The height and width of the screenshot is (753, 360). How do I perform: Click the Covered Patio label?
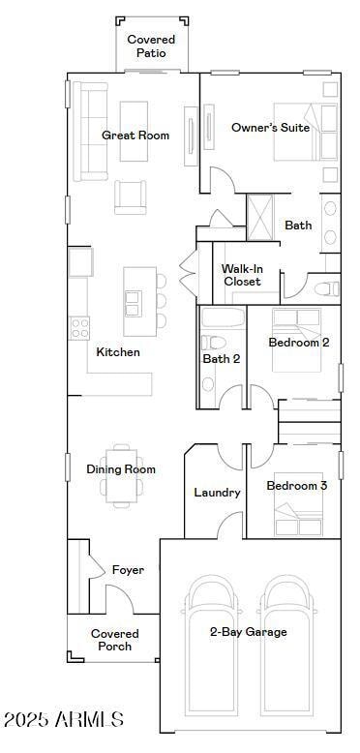point(151,46)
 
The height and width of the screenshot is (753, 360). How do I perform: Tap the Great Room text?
point(135,136)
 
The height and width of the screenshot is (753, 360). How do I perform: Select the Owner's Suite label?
point(271,128)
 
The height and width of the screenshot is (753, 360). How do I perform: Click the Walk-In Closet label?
point(242,275)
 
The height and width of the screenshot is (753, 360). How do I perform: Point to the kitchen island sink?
point(132,304)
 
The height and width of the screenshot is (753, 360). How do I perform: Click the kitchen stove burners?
point(79,328)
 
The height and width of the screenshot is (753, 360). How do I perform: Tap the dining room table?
point(121,475)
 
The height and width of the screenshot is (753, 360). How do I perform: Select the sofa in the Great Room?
point(90,132)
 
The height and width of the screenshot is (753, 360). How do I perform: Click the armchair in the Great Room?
point(130,197)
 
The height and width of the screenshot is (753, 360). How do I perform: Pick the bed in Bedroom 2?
point(296,340)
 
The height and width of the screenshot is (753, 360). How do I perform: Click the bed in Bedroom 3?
point(298,514)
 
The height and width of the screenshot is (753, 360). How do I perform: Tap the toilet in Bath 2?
point(214,343)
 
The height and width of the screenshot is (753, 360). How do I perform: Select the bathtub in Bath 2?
point(222,317)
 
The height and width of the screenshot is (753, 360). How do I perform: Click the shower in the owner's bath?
point(259,217)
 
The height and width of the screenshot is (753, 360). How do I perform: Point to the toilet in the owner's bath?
point(327,289)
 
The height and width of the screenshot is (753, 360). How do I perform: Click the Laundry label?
point(217,493)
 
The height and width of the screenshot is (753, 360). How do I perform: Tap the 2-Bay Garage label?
point(249,632)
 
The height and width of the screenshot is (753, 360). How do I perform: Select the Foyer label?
point(128,570)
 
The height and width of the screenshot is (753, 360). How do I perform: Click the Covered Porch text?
point(115,640)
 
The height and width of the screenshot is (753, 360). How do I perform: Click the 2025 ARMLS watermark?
point(64,719)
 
